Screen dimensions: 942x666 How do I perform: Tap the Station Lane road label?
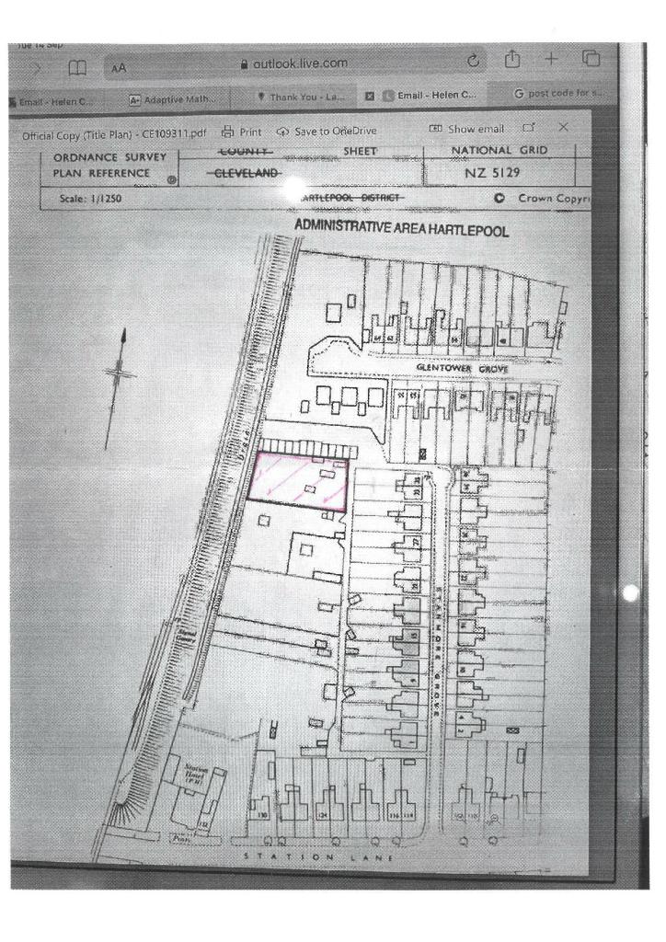click(x=318, y=857)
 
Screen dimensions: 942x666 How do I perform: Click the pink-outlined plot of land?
click(x=298, y=481)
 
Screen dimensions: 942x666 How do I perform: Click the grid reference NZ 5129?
click(x=499, y=173)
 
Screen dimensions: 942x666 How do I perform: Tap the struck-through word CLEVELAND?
click(x=243, y=173)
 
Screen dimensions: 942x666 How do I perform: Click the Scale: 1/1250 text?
click(x=91, y=198)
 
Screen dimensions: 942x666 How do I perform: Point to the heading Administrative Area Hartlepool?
click(x=399, y=226)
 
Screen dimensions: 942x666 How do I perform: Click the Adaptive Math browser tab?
click(x=171, y=98)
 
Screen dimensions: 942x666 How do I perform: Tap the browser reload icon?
click(x=474, y=62)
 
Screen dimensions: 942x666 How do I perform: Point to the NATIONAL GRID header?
click(x=499, y=150)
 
